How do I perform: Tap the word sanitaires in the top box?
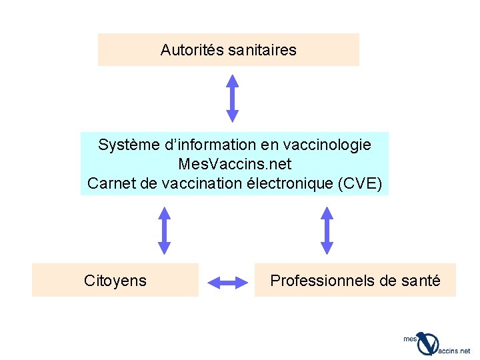click(262, 50)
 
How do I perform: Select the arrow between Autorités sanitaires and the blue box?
click(232, 98)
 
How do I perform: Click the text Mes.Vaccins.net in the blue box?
click(235, 163)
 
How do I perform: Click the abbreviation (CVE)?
click(361, 183)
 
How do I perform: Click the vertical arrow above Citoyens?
click(164, 230)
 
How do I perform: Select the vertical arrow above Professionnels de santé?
click(327, 230)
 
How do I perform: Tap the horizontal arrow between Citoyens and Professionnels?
click(227, 282)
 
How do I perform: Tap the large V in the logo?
click(428, 343)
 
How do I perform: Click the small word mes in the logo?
click(410, 339)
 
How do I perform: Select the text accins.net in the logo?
click(455, 351)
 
